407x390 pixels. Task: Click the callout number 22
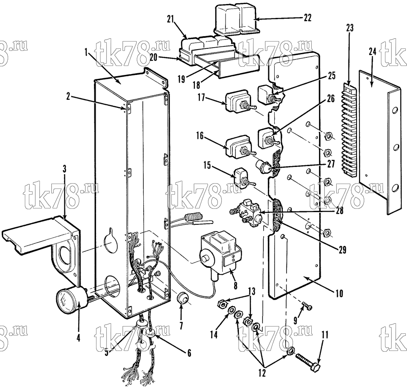[x=307, y=18]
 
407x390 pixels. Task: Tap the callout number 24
[x=372, y=52]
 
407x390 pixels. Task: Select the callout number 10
[x=339, y=294]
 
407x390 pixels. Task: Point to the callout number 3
[x=64, y=169]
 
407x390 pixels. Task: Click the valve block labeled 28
[x=247, y=213]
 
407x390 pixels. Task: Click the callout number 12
[x=263, y=373]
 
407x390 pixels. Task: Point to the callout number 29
[x=342, y=250]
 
